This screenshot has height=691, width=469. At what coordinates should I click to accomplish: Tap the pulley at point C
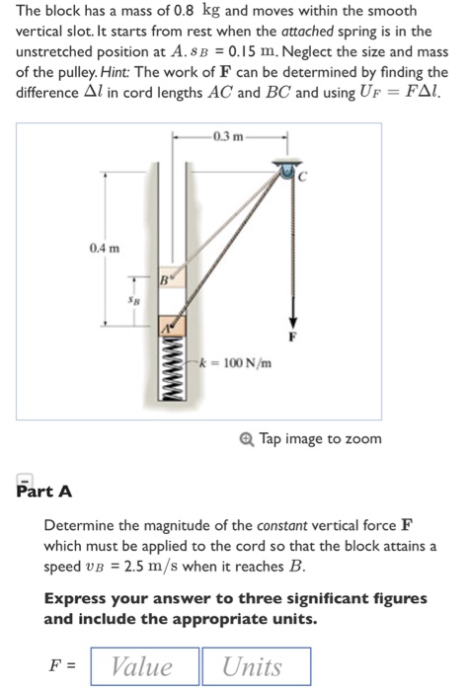tap(288, 173)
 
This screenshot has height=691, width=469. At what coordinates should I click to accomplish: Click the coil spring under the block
tap(169, 370)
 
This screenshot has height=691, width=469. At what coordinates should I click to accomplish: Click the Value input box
tap(143, 667)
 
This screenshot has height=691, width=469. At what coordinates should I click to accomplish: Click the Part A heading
tap(44, 491)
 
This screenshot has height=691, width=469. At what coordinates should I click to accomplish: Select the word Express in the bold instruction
tap(76, 598)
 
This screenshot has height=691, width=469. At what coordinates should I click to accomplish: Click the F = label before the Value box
tap(64, 667)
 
